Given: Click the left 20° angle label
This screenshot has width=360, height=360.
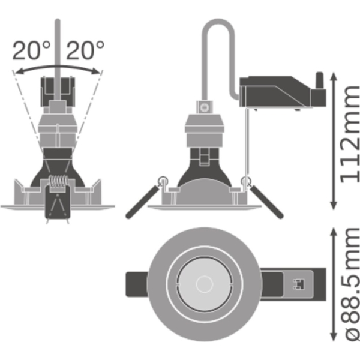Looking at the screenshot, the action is [31, 50].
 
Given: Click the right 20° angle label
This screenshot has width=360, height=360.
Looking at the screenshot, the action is [85, 50].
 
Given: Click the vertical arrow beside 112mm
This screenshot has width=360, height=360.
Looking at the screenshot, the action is [334, 141].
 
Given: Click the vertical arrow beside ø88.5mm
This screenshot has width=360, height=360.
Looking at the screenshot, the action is [334, 284].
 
